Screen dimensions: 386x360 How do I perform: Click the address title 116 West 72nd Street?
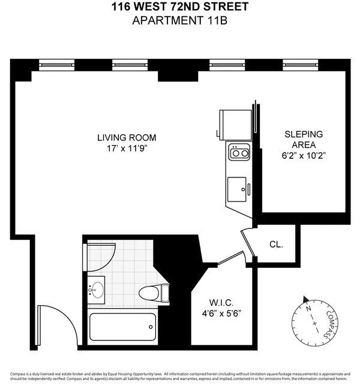(179, 8)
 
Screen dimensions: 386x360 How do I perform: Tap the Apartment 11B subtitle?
(179, 21)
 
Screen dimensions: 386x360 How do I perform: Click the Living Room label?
(122, 137)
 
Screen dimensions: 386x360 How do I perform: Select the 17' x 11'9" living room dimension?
(122, 148)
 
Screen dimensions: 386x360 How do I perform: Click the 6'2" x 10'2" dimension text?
(303, 155)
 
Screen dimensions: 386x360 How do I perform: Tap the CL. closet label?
(275, 245)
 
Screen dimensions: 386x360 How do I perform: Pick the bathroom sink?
(95, 290)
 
